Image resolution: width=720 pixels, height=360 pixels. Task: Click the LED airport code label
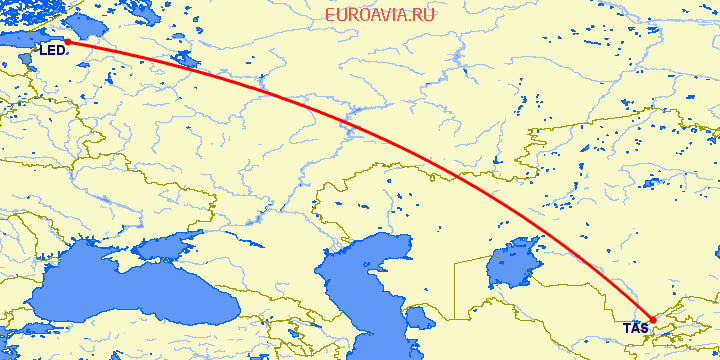point(51,50)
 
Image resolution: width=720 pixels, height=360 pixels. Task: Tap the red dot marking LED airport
point(67,42)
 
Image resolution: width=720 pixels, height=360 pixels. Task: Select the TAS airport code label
point(635,328)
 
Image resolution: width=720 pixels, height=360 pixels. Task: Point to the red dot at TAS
point(653,321)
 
